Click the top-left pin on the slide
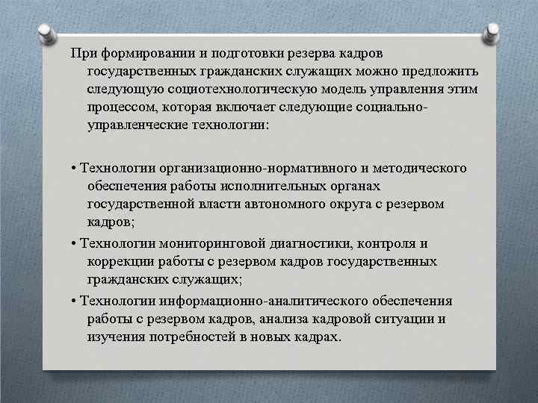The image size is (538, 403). tap(46, 32)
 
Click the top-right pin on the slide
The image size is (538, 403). tap(494, 32)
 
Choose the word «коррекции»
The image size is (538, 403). tap(118, 262)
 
